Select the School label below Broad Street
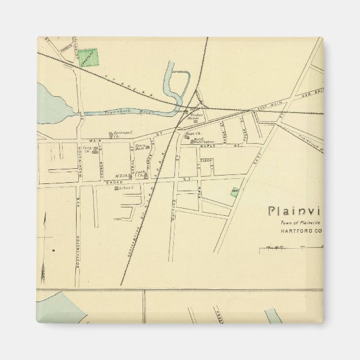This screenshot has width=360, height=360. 124,188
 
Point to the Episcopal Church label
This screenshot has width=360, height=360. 122,134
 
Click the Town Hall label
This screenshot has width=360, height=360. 140,148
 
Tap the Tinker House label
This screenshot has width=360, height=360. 193,117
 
